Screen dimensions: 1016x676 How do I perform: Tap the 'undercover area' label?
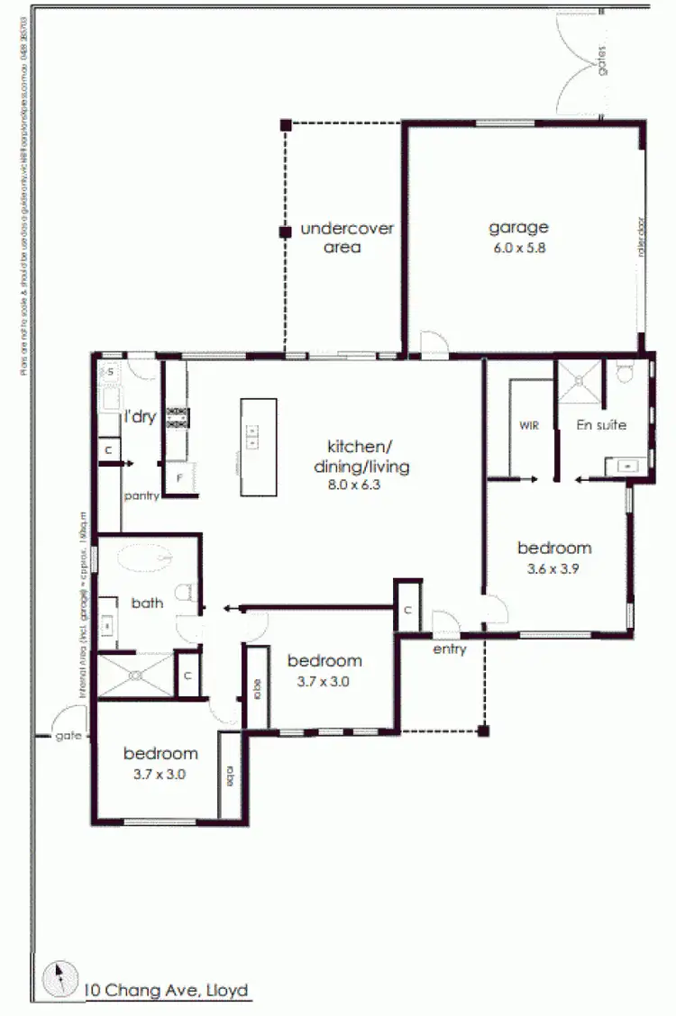346,237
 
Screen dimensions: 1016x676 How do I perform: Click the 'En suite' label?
601,424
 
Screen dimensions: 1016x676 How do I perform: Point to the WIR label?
528,425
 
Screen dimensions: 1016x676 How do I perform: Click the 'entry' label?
449,649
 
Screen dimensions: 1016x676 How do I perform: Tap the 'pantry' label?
142,495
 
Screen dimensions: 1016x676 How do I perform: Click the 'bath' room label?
147,603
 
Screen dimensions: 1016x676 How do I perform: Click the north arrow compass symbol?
60,978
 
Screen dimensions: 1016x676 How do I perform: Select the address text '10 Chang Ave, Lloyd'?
166,991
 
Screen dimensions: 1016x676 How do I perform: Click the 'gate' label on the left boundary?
67,735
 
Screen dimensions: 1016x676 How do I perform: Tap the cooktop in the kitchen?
177,416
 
